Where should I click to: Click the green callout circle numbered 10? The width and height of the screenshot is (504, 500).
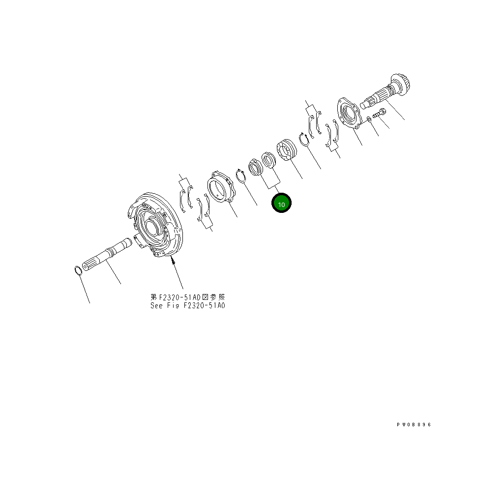point(282,204)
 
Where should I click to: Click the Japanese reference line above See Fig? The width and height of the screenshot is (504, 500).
point(188,297)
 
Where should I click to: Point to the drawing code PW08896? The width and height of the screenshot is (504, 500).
point(414,424)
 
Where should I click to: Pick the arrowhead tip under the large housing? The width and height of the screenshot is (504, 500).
point(173,259)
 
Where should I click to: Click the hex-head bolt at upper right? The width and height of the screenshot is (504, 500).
point(380,113)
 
